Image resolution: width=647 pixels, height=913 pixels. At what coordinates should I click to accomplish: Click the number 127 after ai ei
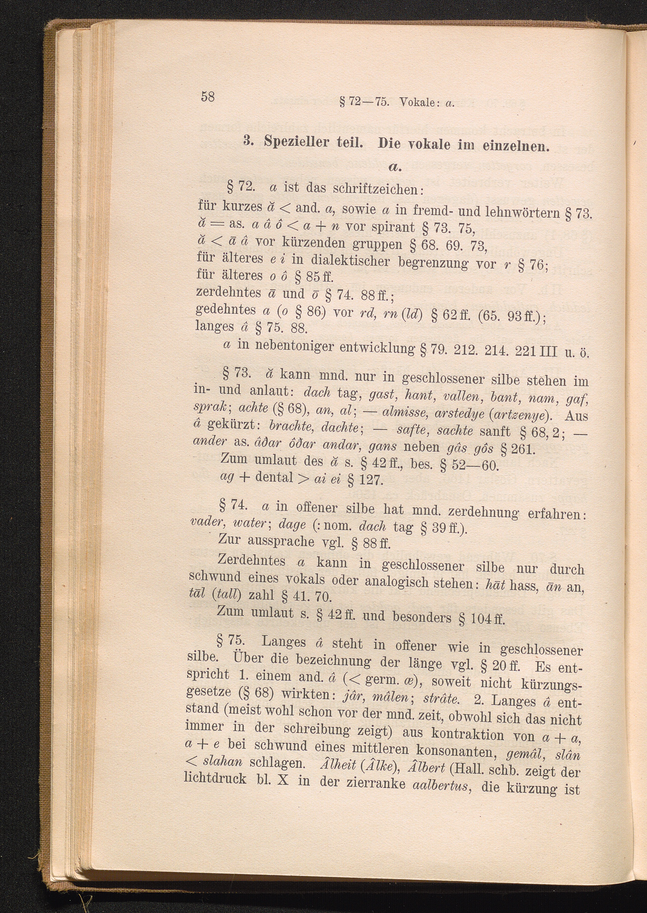point(370,481)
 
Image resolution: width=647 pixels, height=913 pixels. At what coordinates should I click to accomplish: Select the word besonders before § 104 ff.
point(422,617)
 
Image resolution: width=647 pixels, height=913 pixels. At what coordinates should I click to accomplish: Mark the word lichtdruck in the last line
point(215,778)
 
